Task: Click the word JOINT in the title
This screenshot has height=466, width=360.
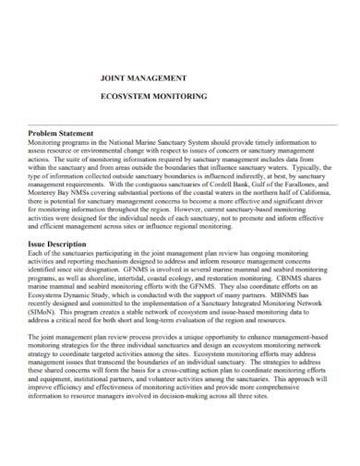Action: pos(114,80)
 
